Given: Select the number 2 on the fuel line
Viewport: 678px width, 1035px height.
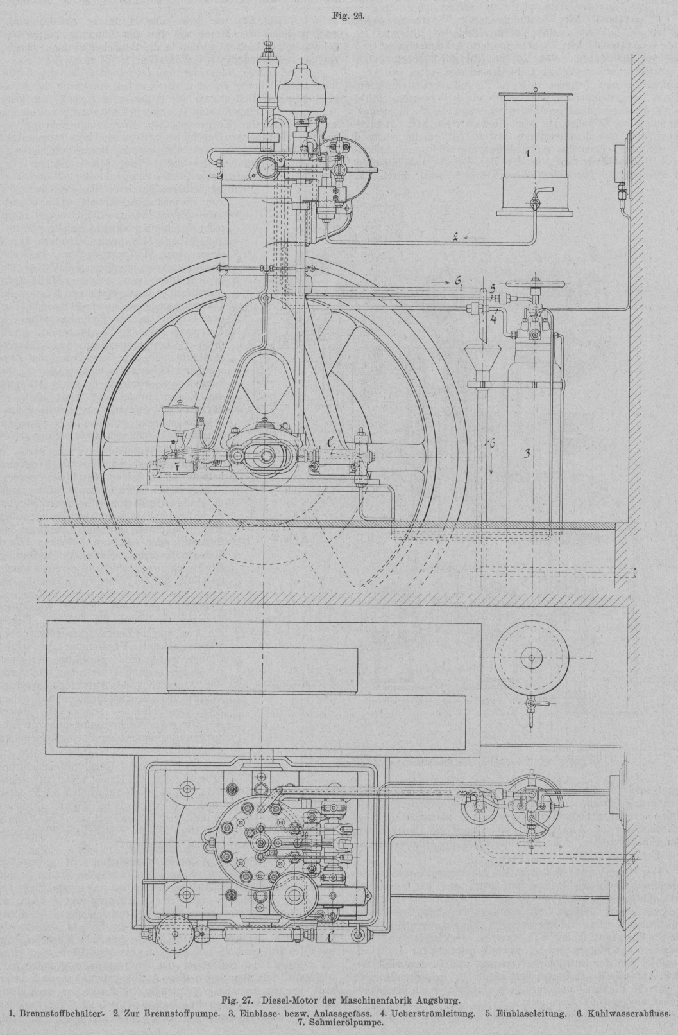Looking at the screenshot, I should point(455,238).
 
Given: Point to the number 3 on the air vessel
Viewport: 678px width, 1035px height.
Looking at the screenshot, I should point(526,453).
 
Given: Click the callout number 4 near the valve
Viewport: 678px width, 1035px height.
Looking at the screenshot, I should point(495,318).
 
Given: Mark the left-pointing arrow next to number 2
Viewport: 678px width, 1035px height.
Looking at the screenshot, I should point(474,238).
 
